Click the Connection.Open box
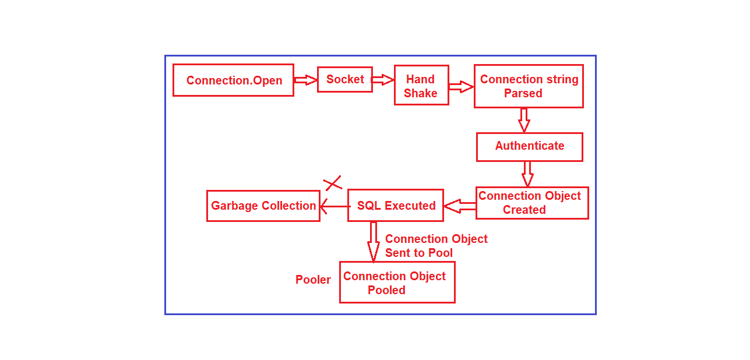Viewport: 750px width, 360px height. coord(233,80)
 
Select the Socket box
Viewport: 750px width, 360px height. coord(345,79)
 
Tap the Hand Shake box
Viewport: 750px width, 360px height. coord(421,85)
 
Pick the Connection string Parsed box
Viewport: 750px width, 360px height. coord(529,86)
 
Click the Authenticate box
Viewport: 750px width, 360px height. coord(529,147)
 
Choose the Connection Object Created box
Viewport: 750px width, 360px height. coord(531,203)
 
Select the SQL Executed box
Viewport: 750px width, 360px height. coord(396,206)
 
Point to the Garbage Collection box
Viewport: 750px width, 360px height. coord(263,206)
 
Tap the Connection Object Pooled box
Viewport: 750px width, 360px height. coord(397,283)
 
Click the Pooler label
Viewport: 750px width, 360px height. coord(313,280)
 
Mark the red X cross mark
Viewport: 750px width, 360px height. coord(333,183)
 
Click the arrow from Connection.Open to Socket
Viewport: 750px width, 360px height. coord(305,80)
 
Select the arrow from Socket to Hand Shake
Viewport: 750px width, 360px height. coord(383,80)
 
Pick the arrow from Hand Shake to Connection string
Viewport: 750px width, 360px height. coord(461,87)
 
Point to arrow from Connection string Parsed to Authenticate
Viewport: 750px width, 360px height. coord(524,119)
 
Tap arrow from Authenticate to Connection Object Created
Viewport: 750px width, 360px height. coord(527,174)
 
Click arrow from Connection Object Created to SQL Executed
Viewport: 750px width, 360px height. coord(460,206)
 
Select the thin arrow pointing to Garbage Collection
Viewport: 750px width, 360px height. coord(334,206)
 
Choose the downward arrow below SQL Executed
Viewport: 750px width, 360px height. coord(374,241)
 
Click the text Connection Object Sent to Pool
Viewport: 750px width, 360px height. coord(436,246)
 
